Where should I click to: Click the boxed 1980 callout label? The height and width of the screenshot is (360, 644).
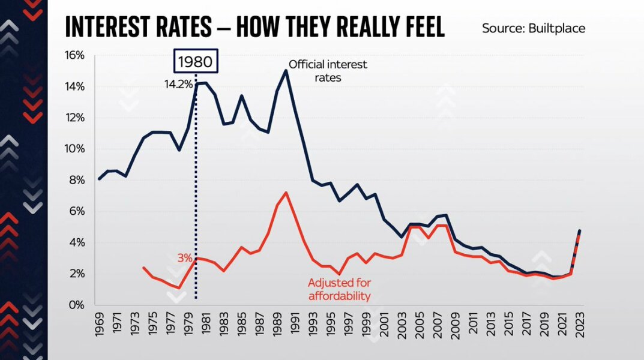pos(195,61)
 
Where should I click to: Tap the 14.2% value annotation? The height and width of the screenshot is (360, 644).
pos(178,85)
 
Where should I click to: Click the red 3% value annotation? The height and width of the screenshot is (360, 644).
pos(184,258)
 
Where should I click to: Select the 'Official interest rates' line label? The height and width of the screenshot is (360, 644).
pos(328,70)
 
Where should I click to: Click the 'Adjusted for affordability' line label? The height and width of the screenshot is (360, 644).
pos(339,289)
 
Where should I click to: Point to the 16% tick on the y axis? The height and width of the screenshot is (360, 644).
pos(74,55)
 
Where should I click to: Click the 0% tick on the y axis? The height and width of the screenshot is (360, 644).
pos(77,305)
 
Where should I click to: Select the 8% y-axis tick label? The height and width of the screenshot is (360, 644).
pos(77,180)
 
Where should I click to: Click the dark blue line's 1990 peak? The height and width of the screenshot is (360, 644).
pos(286,70)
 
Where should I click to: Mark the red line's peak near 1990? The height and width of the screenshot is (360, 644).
pos(286,193)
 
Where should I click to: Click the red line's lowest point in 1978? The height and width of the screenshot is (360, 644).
pos(178,288)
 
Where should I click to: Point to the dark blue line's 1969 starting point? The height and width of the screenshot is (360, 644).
pos(98,179)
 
